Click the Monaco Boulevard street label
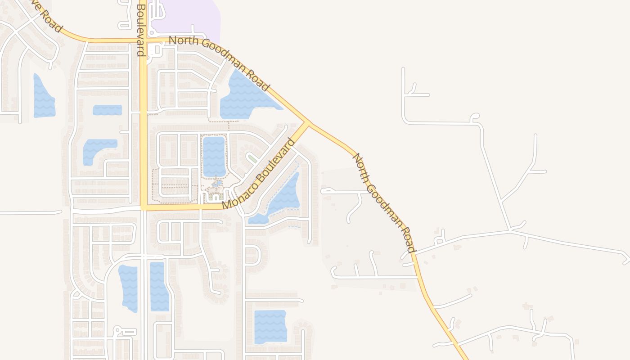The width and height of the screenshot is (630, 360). tap(259, 174)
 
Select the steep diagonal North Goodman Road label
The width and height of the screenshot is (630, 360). tap(383, 202)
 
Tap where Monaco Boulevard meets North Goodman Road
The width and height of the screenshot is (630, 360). tap(308, 123)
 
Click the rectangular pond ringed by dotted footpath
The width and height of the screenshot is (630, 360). tap(214, 156)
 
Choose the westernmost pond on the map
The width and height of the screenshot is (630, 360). tap(43, 97)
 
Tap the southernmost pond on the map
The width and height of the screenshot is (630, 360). tap(270, 326)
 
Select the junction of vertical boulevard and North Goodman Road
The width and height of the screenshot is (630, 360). tap(143, 40)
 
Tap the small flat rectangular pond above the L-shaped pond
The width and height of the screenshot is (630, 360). tap(107, 110)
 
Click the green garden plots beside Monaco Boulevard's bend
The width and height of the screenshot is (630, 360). tap(215, 197)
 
